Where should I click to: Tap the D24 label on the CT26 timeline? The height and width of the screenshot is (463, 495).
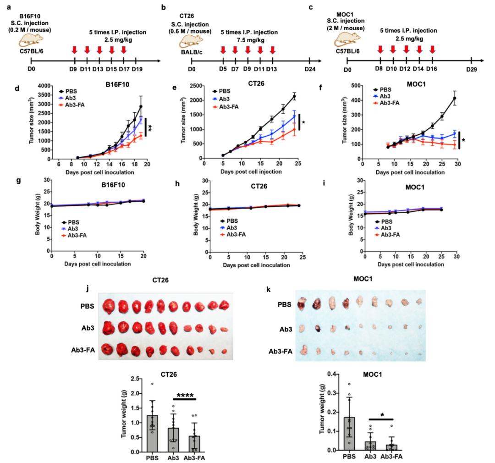pyautogui.click(x=310, y=69)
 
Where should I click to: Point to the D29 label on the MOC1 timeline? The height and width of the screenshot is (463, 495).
pyautogui.click(x=472, y=69)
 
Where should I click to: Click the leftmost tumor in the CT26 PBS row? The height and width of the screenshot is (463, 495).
pyautogui.click(x=110, y=304)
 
